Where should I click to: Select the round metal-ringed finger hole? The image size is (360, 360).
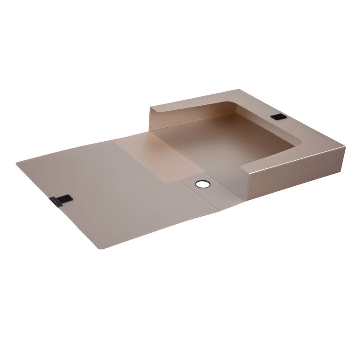click(x=202, y=184)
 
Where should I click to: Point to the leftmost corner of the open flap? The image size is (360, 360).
click(x=17, y=163)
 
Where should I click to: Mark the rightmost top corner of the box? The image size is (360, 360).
click(x=345, y=147)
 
